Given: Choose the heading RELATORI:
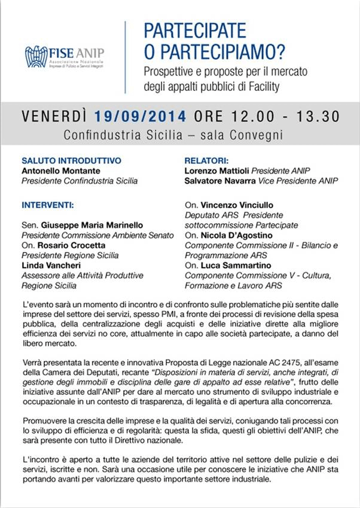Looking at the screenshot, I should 208,160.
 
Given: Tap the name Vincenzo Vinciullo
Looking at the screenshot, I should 239,205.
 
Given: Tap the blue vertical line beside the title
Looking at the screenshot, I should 125,57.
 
